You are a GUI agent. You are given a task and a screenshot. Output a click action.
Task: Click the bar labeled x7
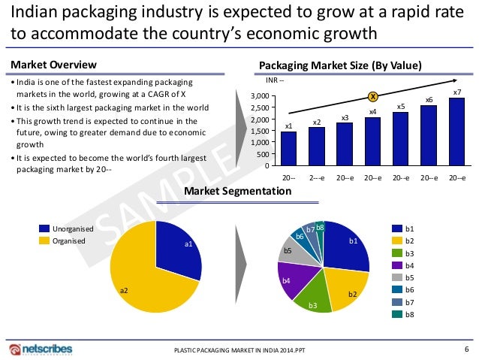[456, 132]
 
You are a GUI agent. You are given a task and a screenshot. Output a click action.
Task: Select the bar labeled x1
[288, 149]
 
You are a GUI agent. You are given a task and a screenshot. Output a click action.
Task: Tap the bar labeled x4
[372, 141]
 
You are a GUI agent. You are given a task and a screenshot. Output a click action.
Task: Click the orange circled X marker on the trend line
[372, 96]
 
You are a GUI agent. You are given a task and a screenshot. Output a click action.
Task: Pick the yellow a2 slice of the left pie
[143, 278]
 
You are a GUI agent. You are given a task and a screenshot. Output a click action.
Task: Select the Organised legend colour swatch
[44, 241]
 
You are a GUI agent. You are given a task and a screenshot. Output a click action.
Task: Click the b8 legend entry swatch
[398, 313]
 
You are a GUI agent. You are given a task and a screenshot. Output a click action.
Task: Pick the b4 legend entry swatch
[398, 265]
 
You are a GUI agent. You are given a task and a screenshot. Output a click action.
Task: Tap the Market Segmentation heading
[237, 192]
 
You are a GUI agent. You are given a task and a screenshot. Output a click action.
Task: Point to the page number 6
[466, 348]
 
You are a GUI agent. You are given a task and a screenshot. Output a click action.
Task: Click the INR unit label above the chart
[276, 80]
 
